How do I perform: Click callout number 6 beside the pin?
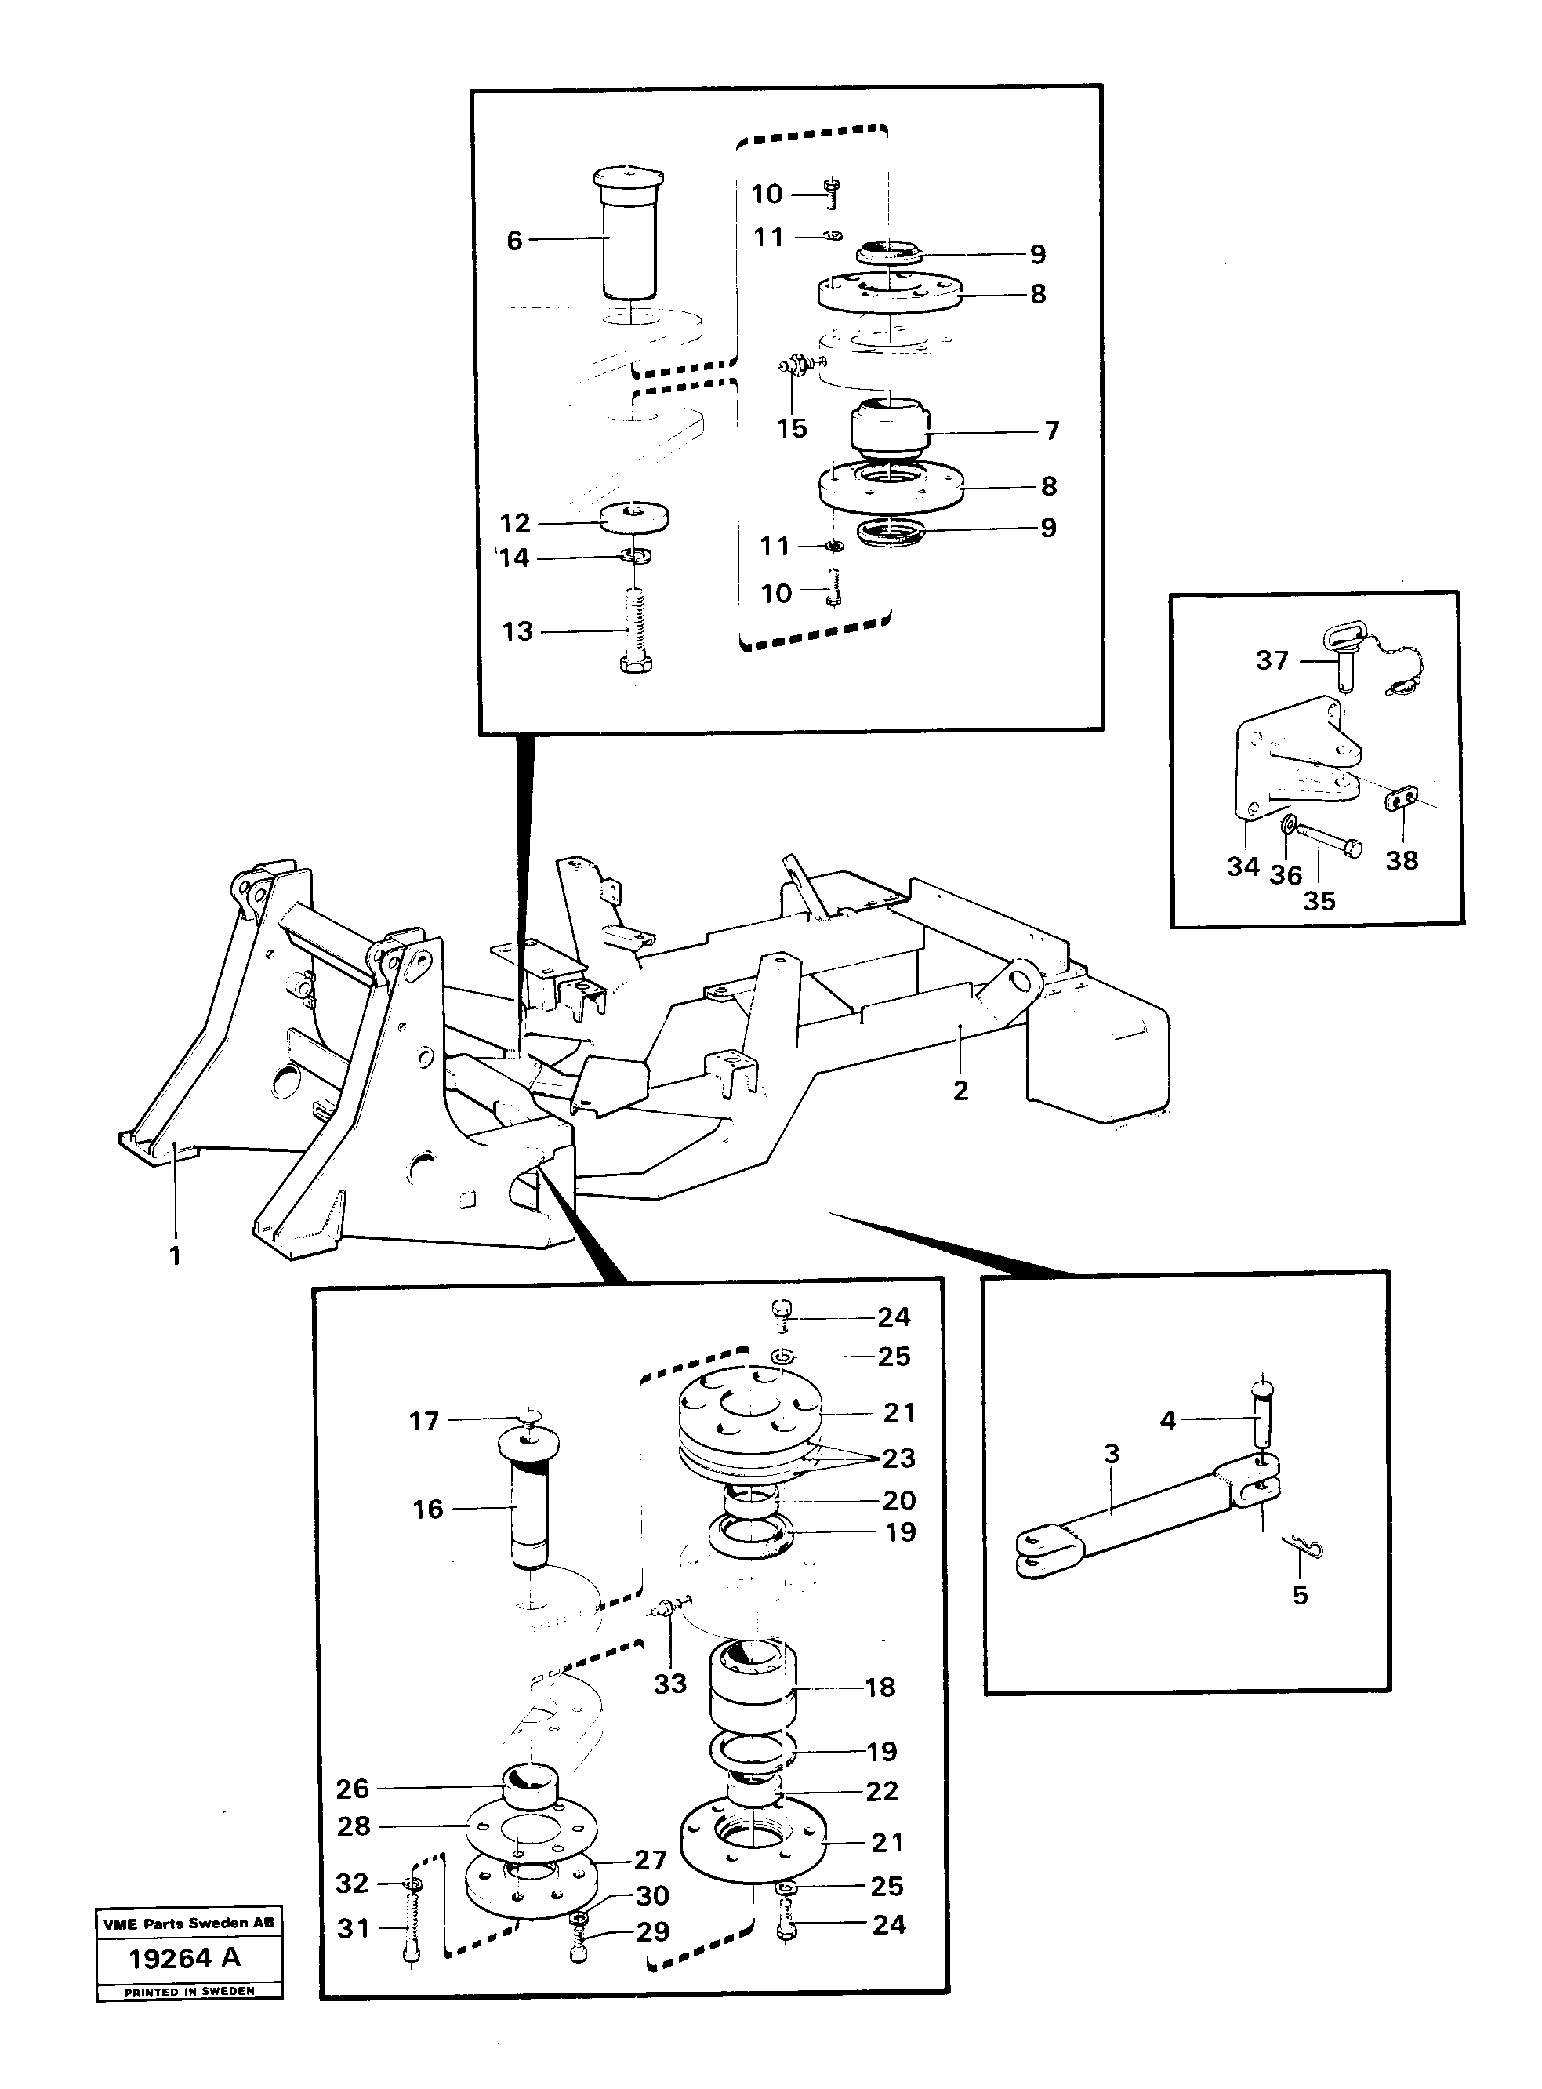tap(514, 241)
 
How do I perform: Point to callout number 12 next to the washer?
tap(515, 523)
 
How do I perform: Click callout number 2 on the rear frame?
tap(960, 1089)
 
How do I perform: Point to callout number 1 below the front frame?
tap(175, 1255)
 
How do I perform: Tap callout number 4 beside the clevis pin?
tap(1168, 1421)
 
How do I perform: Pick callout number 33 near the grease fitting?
tap(669, 1683)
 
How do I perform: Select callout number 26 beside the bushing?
tap(353, 1789)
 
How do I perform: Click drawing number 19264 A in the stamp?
tap(185, 1958)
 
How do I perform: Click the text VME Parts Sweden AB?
tap(189, 1922)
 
